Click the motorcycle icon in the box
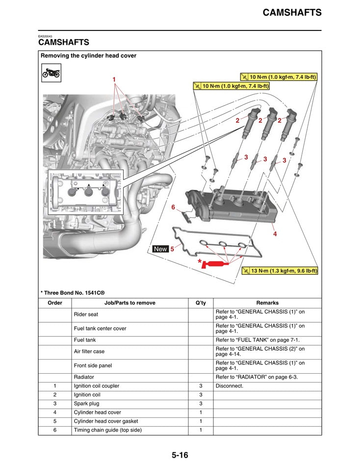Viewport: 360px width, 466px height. coord(51,74)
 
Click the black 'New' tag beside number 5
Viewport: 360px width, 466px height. coord(160,249)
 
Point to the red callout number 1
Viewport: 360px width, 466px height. coord(114,79)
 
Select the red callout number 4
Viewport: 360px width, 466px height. coord(275,234)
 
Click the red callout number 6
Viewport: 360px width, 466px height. coord(173,207)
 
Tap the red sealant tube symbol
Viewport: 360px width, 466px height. coord(216,265)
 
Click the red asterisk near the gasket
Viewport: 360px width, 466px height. coord(200,262)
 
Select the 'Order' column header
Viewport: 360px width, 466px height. coord(55,303)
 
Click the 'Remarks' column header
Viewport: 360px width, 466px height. coord(267,303)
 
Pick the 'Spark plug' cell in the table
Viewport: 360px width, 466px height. coord(86,404)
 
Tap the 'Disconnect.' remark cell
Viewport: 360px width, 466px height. coord(230,386)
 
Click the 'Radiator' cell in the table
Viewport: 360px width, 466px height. coord(84,377)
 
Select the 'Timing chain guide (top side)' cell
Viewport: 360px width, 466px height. coord(107,430)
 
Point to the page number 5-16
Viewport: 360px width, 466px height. coord(180,455)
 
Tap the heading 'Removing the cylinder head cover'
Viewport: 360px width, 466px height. coord(89,56)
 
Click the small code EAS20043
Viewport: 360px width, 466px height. coord(45,36)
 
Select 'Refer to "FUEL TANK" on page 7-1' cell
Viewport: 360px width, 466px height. coord(257,340)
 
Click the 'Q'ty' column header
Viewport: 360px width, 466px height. coord(200,303)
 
